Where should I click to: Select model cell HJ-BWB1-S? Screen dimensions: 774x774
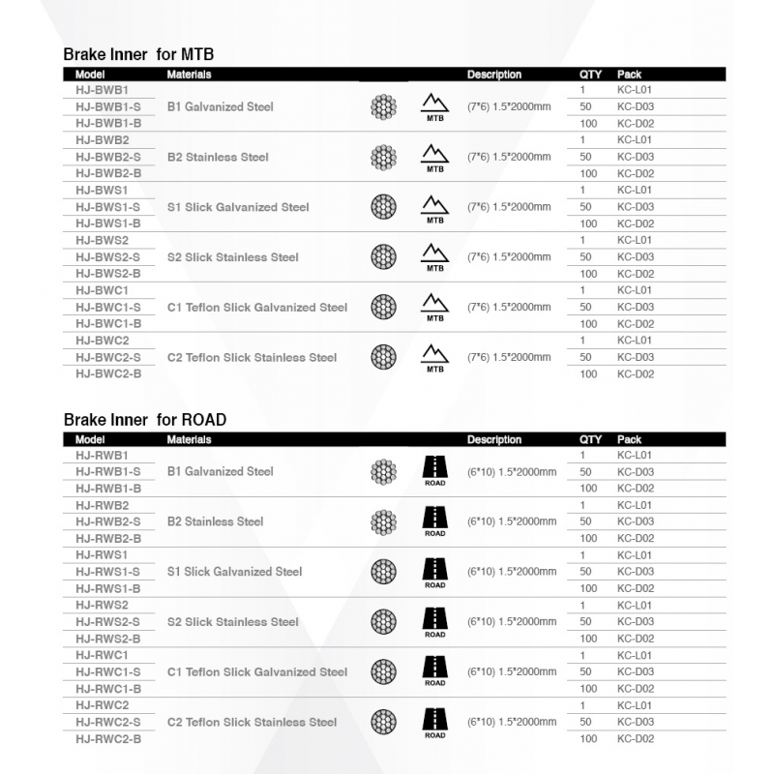click(108, 106)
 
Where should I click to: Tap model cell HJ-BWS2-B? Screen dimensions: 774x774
click(108, 274)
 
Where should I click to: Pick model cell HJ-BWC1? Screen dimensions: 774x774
click(102, 290)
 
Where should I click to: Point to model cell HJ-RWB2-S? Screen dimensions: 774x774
click(108, 521)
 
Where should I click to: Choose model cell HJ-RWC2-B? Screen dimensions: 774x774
click(108, 739)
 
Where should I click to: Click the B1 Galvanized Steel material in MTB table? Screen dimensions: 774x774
click(220, 106)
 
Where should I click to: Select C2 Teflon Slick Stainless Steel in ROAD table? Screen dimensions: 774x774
click(252, 722)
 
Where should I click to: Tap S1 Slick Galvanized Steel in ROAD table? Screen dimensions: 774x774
click(234, 572)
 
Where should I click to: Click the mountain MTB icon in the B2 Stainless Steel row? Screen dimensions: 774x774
click(435, 157)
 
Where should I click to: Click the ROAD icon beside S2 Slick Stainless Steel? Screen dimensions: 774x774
click(435, 620)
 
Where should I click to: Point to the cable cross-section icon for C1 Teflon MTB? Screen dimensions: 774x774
click(384, 308)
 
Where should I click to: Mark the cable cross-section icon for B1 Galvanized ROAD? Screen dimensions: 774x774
click(384, 471)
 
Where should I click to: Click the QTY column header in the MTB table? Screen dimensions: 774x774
click(590, 74)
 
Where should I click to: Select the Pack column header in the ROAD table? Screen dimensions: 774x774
click(629, 439)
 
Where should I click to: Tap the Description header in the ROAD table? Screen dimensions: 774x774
click(493, 439)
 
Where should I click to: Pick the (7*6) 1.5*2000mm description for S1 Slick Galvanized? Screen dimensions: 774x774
click(509, 207)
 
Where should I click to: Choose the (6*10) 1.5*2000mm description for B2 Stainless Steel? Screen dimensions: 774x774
click(512, 521)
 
